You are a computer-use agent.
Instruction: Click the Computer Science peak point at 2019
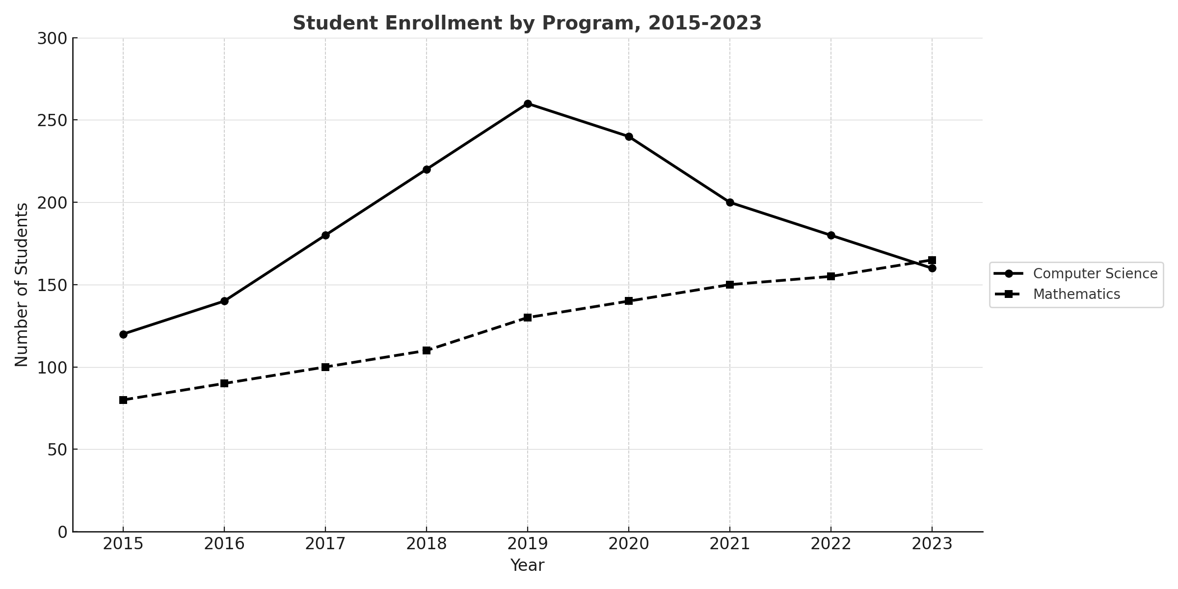pos(528,104)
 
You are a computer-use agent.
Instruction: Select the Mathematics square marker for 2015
pos(123,400)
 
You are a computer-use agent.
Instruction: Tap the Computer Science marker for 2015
pos(123,334)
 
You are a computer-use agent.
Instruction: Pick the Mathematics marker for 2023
pos(932,260)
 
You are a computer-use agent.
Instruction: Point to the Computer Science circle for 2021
pos(730,202)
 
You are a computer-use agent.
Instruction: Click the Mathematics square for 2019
pos(528,318)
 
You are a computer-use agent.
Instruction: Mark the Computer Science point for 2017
pos(325,235)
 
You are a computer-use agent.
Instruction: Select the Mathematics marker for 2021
pos(730,285)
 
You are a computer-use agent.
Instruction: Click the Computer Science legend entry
pos(1095,273)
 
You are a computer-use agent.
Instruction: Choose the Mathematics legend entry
pos(1076,294)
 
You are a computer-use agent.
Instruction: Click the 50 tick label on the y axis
pos(57,450)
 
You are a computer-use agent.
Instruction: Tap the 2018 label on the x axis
pos(427,544)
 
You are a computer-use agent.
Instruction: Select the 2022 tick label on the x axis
pos(831,544)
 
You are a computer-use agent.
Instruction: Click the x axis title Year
pos(527,565)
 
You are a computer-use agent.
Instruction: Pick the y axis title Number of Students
pos(22,285)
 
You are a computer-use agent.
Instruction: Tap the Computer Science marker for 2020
pos(629,136)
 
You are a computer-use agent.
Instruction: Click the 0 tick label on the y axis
pos(63,532)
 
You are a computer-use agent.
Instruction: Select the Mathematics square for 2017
pos(325,367)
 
